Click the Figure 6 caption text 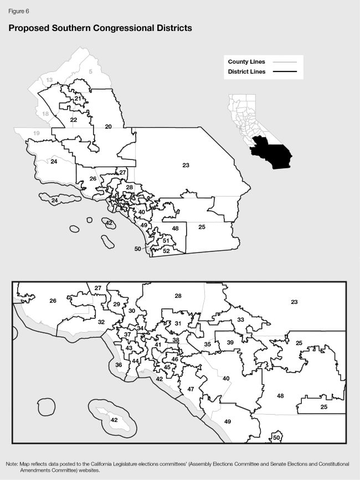pos(18,11)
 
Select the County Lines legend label pos(246,61)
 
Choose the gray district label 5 pos(91,71)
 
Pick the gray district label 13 pos(49,80)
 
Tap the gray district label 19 pos(37,133)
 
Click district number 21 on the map pos(78,99)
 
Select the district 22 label pos(74,120)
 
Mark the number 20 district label pos(109,127)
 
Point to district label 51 pos(166,240)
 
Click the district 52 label pos(166,251)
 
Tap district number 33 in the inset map pos(240,320)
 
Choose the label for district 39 pos(230,343)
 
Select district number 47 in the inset pos(191,390)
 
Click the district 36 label pos(119,365)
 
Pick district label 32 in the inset pos(101,322)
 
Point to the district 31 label pos(178,323)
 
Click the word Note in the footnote pos(12,463)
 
